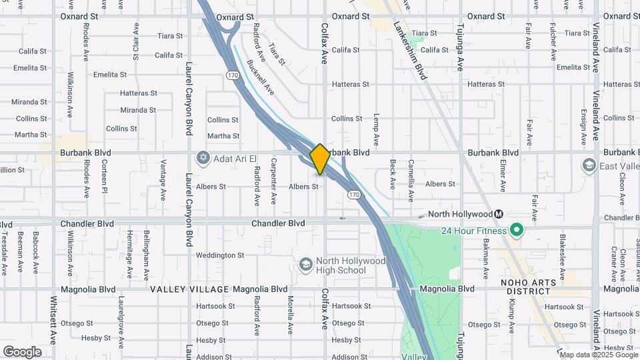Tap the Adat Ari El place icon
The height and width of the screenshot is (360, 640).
[203, 159]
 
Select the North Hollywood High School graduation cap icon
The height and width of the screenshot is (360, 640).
[305, 265]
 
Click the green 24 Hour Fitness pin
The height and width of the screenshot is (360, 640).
[515, 231]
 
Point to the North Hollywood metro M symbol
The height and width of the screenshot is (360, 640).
[497, 214]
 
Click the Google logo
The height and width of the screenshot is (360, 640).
[22, 351]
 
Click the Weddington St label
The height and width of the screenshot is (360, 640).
[220, 255]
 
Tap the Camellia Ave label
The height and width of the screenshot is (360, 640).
[411, 181]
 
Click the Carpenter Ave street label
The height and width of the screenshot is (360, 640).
[273, 185]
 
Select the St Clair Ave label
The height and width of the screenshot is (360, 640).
[136, 43]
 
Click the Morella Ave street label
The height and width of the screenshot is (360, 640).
[291, 314]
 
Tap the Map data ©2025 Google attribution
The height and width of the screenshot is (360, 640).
[598, 354]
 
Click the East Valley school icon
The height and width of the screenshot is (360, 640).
[589, 164]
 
